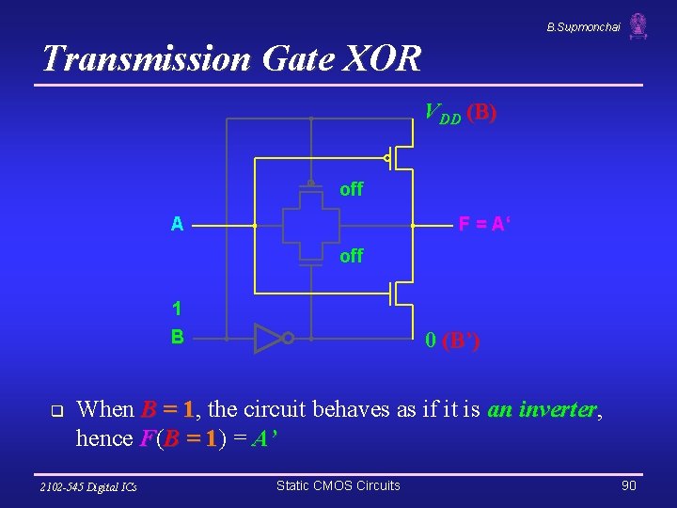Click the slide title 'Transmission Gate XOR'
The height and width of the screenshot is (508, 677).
(231, 59)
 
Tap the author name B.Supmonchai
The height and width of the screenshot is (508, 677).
(583, 27)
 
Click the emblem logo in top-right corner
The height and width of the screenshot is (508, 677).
(638, 26)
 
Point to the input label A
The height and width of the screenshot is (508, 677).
(177, 225)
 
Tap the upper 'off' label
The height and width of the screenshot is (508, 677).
(351, 189)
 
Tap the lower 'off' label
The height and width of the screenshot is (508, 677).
(351, 256)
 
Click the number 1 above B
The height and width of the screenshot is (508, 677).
(177, 309)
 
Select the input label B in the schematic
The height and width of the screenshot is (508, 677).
(177, 336)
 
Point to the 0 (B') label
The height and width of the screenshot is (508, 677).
(452, 341)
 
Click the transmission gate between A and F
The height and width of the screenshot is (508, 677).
(310, 225)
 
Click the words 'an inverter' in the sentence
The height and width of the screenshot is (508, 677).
(543, 409)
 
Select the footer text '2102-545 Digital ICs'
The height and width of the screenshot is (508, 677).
(88, 486)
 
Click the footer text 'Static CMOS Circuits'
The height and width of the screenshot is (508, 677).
(338, 485)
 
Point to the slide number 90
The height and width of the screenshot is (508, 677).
(628, 485)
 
